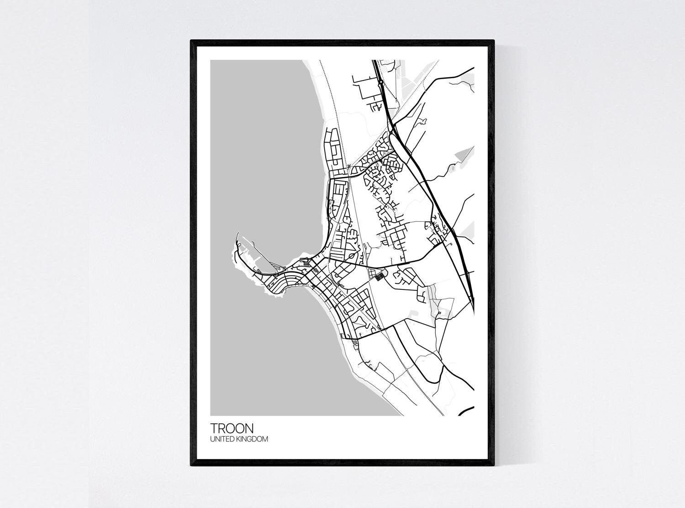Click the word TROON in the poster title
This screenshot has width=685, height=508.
pyautogui.click(x=232, y=428)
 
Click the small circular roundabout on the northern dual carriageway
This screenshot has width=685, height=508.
pyautogui.click(x=380, y=83)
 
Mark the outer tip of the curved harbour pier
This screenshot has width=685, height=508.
pyautogui.click(x=238, y=234)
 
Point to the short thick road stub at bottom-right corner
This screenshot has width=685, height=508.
pyautogui.click(x=465, y=411)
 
